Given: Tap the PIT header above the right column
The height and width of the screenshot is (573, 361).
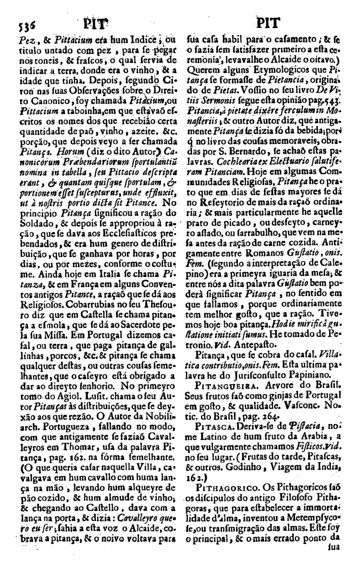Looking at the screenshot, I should tap(266, 23).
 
